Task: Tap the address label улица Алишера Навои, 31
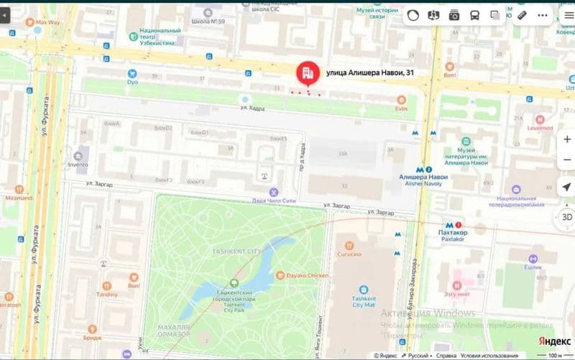[370, 73]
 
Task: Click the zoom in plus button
[567, 139]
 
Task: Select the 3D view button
[566, 217]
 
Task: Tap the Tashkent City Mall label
[364, 302]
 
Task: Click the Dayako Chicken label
[308, 275]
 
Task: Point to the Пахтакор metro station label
[458, 234]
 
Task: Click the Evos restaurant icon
[401, 100]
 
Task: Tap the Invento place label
[78, 164]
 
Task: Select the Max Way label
[47, 22]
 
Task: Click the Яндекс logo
[550, 341]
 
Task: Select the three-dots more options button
[542, 14]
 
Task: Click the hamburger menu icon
[567, 14]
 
